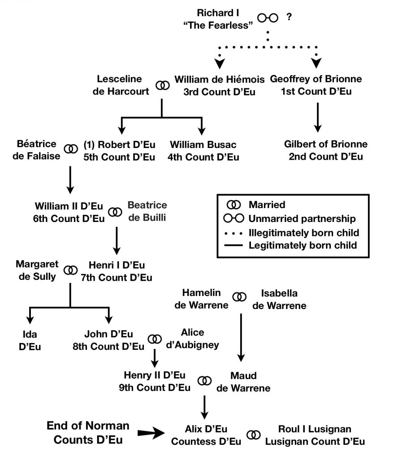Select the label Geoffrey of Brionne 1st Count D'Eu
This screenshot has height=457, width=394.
316,86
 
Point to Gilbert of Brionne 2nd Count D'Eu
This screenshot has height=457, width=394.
325,150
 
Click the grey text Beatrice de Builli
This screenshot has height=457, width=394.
147,212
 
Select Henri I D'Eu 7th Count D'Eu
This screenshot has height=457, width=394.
117,271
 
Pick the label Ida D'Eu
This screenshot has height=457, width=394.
30,340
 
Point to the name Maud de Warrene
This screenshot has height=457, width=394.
243,382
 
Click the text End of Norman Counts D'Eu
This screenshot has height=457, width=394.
88,432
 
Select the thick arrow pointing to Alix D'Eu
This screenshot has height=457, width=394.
151,433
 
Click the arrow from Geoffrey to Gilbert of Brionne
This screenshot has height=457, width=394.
317,118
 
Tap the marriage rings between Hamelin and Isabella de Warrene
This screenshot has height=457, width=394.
240,296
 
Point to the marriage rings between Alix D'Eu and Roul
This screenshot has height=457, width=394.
254,435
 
